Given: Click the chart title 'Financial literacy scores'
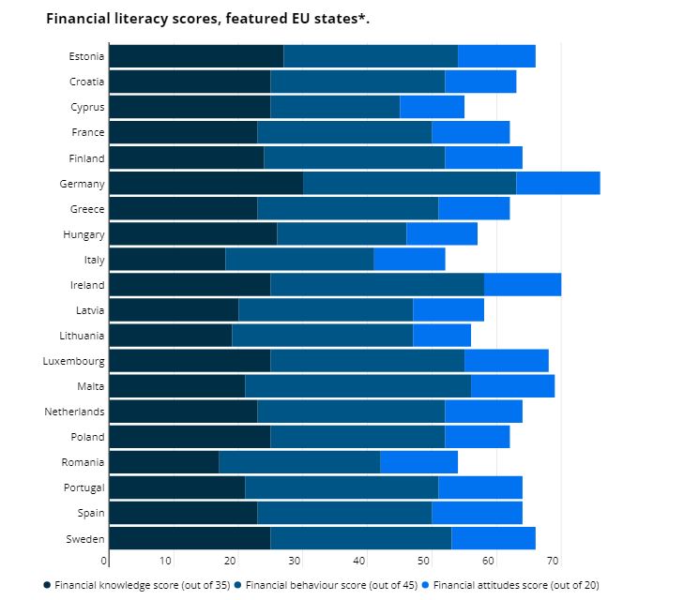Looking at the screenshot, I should (x=207, y=19).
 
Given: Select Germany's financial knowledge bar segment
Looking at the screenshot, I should (x=205, y=183).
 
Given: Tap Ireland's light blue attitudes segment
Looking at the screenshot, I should (x=522, y=284).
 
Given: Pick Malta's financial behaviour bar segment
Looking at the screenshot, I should (x=357, y=385).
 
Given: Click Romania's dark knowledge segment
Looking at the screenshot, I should (x=163, y=461).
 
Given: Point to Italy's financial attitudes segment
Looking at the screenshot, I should (x=408, y=259).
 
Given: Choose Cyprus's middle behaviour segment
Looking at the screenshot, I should (x=334, y=107).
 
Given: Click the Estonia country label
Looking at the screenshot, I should (x=86, y=56).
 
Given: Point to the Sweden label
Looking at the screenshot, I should (x=86, y=537).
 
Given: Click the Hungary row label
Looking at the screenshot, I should (x=85, y=233).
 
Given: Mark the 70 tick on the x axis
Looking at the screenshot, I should (x=553, y=561).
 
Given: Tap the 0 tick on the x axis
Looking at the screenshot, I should (x=104, y=561).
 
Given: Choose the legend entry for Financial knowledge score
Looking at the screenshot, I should (x=137, y=585).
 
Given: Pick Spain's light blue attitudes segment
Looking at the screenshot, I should (x=476, y=512).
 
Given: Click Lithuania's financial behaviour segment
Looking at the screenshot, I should (x=322, y=335).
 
